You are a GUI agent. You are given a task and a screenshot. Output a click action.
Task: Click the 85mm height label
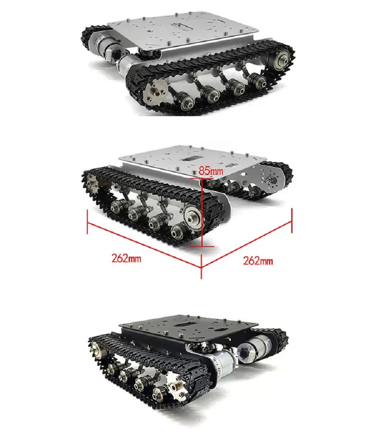[211, 170]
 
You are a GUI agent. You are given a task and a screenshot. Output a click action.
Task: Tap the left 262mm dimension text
[126, 259]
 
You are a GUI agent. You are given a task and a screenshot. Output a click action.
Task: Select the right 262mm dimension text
[258, 261]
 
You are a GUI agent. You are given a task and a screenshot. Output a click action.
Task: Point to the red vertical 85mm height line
[202, 212]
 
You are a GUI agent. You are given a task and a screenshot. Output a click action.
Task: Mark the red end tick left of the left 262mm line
[87, 221]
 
